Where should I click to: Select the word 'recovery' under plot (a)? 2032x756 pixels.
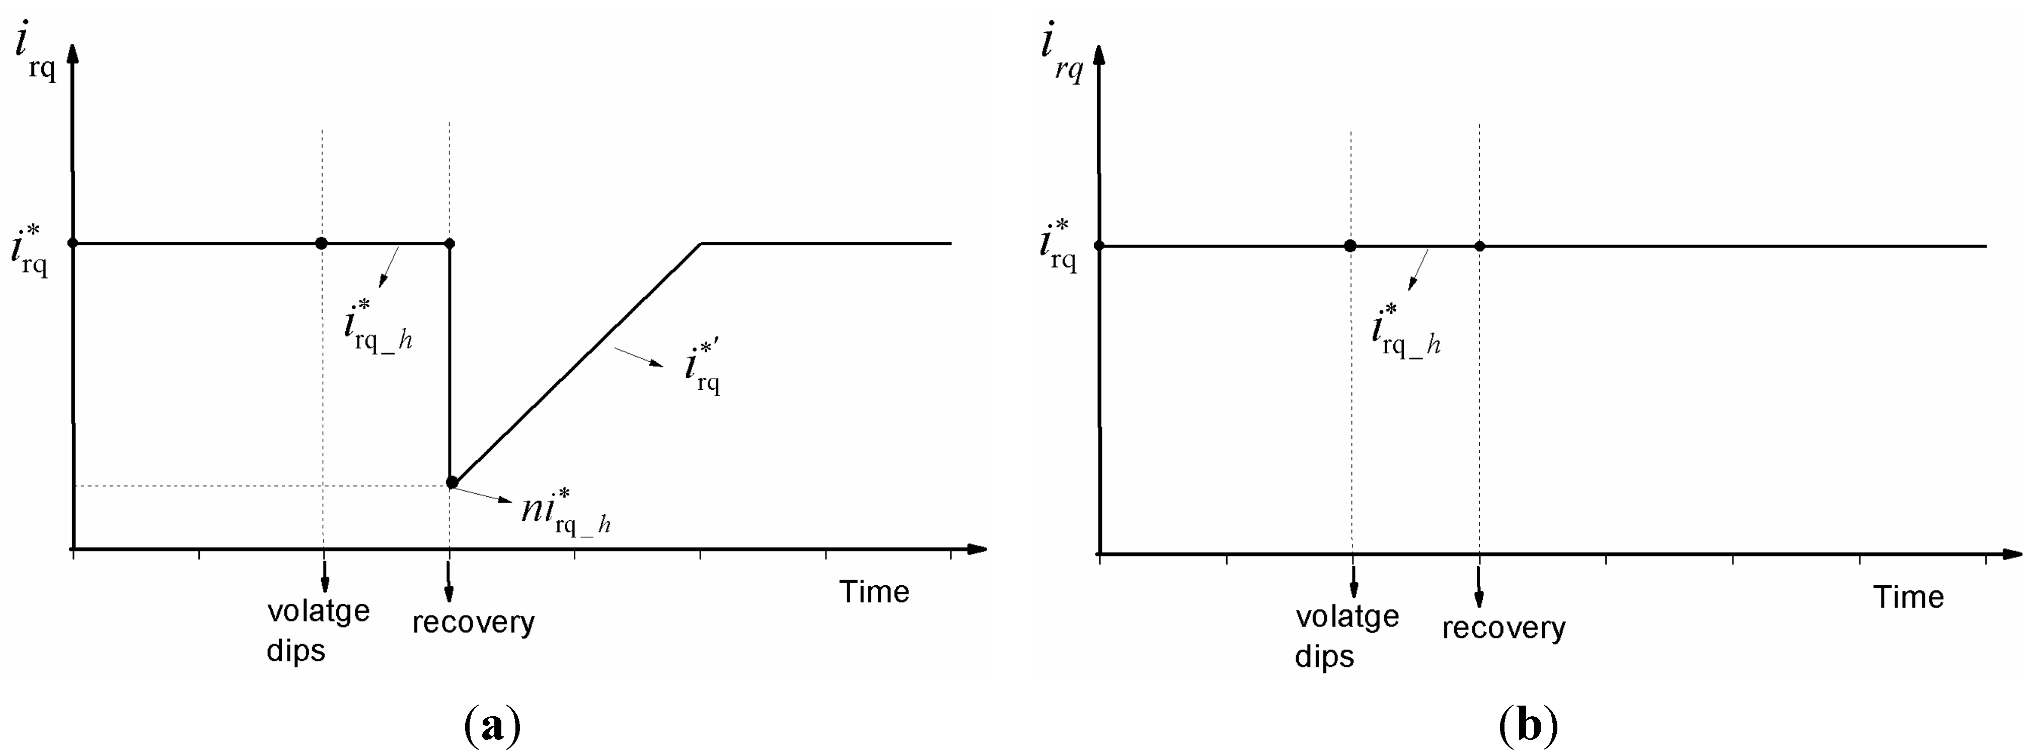pos(473,623)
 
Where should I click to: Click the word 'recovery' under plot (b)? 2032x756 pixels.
pos(1503,628)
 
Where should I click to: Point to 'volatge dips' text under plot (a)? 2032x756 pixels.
pos(318,631)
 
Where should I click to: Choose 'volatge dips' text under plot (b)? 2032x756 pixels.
pos(1346,636)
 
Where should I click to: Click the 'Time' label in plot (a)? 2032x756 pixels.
pos(874,592)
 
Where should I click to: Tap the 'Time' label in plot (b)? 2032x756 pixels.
pos(1908,597)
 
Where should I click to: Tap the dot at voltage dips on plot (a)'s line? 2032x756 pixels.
pos(321,243)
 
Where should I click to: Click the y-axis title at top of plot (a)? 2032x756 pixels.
pos(36,55)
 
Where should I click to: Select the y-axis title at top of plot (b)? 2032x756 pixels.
pos(1062,55)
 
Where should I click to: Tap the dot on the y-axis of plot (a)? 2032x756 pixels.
pos(72,243)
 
